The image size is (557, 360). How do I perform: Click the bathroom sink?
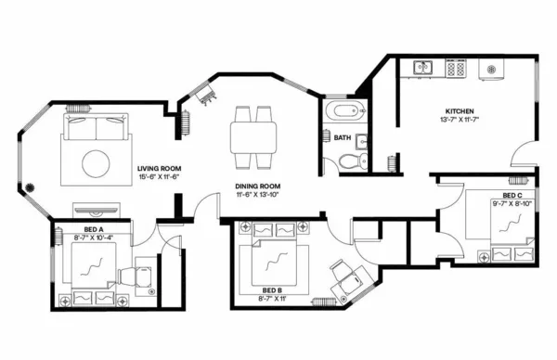click(361, 143)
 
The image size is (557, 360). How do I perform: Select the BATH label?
click(343, 137)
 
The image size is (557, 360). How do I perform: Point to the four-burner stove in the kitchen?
click(455, 68)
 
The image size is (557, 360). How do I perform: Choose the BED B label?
click(271, 289)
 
